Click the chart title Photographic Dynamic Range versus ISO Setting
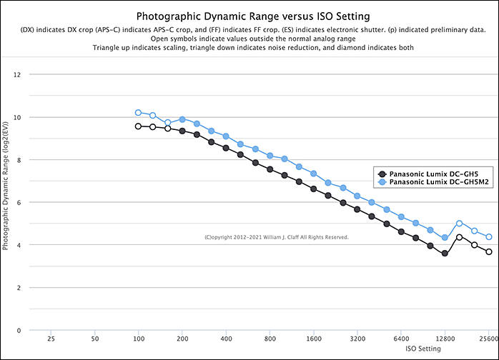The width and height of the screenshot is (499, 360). click(x=249, y=15)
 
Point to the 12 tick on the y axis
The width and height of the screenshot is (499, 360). click(x=17, y=74)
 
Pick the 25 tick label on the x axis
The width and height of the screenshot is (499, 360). click(x=51, y=339)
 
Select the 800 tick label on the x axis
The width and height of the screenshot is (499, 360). click(x=270, y=339)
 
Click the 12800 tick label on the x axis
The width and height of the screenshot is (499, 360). click(x=445, y=339)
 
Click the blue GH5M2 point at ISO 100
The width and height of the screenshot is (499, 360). click(x=139, y=113)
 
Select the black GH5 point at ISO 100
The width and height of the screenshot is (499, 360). click(x=139, y=126)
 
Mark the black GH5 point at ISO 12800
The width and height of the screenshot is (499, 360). click(x=445, y=254)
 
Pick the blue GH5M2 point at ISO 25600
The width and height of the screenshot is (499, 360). click(x=489, y=237)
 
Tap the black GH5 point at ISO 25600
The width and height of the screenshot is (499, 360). click(x=489, y=252)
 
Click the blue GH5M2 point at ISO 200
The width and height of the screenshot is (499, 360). click(x=182, y=119)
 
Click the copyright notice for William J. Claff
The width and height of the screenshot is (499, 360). click(x=276, y=237)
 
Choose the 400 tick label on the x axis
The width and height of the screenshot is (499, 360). click(x=226, y=339)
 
